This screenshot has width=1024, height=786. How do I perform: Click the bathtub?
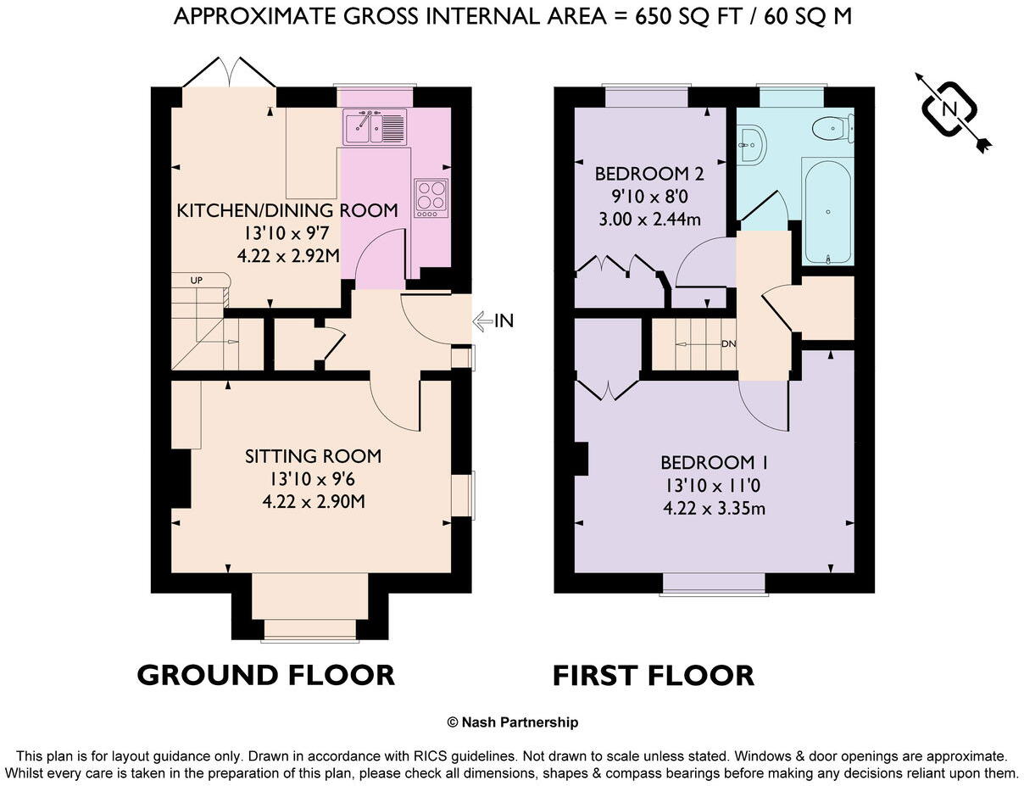pos(827,211)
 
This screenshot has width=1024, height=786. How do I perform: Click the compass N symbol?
pos(950,109)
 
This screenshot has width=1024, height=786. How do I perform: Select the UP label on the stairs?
pos(197,280)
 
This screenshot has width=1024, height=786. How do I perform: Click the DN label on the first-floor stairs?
pos(727,344)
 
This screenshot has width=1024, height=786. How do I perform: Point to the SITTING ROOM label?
pos(313,456)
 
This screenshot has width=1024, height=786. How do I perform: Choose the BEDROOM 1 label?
pos(715,463)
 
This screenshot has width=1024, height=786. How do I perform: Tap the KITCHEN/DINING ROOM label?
pos(287,210)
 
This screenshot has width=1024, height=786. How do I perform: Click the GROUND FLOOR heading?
pos(265,676)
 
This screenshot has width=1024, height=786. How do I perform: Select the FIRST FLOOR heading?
pos(653,676)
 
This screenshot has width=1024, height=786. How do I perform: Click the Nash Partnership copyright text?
pos(512,722)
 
